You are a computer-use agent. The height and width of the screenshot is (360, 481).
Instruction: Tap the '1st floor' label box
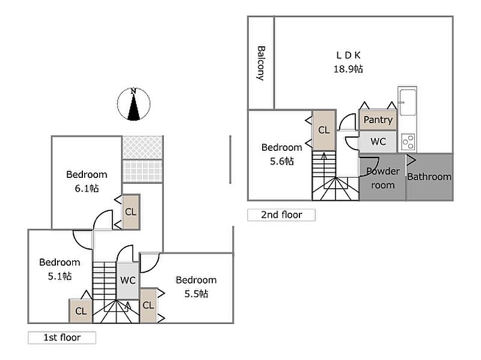pos(62,338)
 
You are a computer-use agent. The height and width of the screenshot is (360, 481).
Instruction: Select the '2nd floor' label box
pos(281,215)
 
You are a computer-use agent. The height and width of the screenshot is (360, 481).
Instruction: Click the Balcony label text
pos(261,63)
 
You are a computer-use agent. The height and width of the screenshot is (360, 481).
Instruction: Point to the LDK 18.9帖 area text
pos(348,62)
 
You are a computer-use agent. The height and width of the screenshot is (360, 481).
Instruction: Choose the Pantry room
pos(378,120)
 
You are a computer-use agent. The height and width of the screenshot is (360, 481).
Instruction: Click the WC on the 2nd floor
pos(378,142)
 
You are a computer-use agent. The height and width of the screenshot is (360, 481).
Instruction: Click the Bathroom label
pos(429,177)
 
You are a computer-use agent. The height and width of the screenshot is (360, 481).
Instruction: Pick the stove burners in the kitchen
pos(408,142)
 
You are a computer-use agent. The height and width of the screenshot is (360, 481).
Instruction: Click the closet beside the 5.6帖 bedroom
pos(323,130)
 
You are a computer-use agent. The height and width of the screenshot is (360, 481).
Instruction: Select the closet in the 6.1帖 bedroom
pos(130,212)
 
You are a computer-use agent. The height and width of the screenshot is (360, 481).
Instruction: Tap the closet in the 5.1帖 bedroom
pos(81,311)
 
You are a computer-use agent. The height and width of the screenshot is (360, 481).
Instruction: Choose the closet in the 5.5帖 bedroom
pos(148,305)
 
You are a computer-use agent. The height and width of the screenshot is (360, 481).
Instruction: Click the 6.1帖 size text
pos(87,188)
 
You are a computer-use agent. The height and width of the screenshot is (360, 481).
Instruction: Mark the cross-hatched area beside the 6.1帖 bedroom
pos(142,148)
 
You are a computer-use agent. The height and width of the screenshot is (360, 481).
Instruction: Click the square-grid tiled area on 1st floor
pos(142,171)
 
